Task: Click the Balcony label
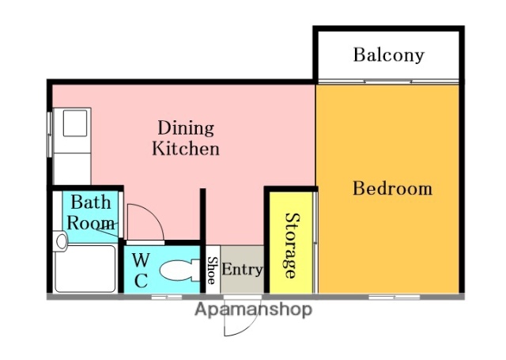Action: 388,55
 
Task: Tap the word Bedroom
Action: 392,188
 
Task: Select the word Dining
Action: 186,128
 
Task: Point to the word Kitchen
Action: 186,149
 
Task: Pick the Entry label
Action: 242,269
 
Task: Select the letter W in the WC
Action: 141,260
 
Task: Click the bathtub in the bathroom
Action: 85,269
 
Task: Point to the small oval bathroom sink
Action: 61,241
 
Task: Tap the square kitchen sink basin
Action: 75,123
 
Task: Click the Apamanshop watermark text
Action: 254,310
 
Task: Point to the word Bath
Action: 91,203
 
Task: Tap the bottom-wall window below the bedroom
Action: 394,297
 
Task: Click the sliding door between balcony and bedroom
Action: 388,81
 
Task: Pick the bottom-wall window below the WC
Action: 167,297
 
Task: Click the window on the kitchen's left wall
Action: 49,135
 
